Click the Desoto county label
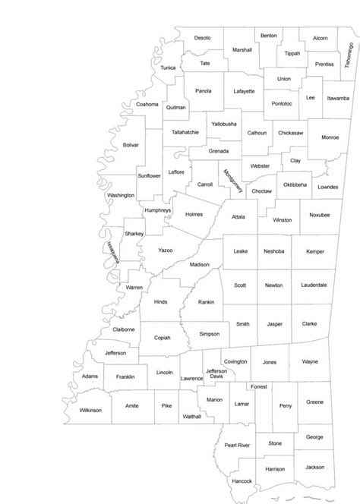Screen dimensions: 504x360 coord(202,37)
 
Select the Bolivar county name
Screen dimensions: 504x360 coord(131,144)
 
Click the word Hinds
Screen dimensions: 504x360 coord(161,301)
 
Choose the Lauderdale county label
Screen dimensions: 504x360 coord(314,285)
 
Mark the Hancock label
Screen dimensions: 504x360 coord(242,482)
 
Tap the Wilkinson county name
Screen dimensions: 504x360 coord(90,410)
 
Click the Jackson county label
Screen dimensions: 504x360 coord(315,468)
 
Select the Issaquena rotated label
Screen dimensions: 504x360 coord(113,252)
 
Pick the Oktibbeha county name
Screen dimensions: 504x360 coord(295,184)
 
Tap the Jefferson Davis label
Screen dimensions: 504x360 coord(216,374)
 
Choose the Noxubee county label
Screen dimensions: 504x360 coord(320,215)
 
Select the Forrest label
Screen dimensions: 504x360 coord(259,387)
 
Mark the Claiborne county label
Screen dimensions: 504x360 coord(124,329)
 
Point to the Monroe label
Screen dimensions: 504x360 coord(330,137)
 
